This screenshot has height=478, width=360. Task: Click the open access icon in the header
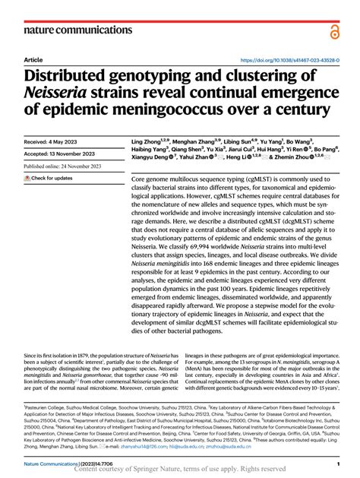pyautogui.click(x=334, y=31)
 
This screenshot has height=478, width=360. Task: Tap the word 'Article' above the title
pyautogui.click(x=33, y=60)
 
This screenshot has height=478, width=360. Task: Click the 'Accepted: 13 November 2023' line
pyautogui.click(x=62, y=154)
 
